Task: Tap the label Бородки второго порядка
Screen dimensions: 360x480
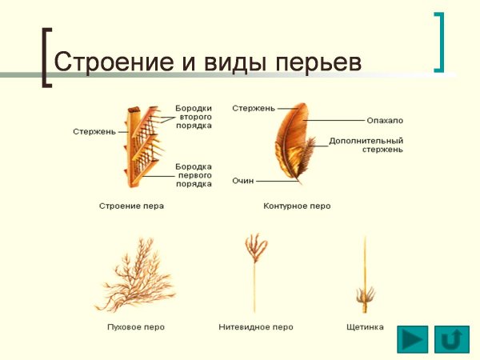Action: pyautogui.click(x=194, y=117)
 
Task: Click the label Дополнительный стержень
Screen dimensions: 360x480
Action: pyautogui.click(x=366, y=145)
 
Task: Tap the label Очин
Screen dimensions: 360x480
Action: pyautogui.click(x=244, y=182)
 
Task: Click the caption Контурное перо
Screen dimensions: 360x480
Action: pyautogui.click(x=297, y=206)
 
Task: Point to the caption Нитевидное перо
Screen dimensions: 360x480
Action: pyautogui.click(x=256, y=327)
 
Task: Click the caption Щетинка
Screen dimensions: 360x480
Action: pyautogui.click(x=365, y=327)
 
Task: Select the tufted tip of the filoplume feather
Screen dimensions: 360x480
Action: pyautogui.click(x=256, y=248)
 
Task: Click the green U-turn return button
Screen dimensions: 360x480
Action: pyautogui.click(x=452, y=339)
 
